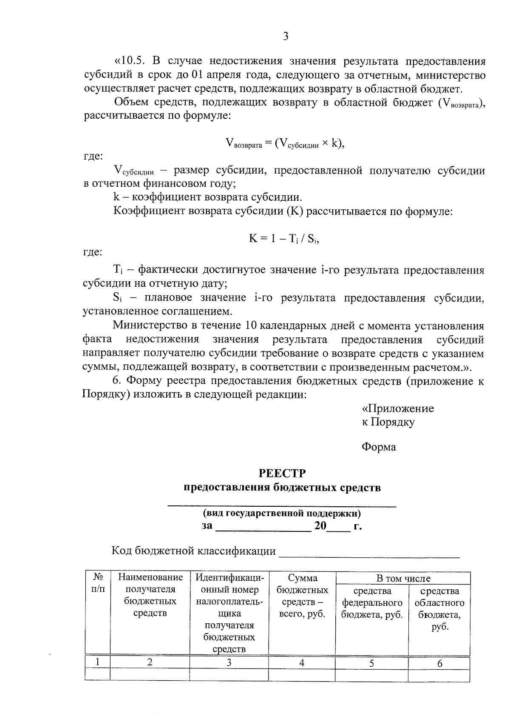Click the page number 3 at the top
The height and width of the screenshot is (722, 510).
pyautogui.click(x=286, y=37)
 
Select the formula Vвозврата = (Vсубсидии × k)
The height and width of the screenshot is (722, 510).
pyautogui.click(x=284, y=144)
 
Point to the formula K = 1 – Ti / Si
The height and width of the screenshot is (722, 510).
pyautogui.click(x=284, y=239)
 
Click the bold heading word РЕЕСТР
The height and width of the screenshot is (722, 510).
pyautogui.click(x=282, y=473)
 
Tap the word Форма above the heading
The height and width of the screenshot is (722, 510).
pyautogui.click(x=379, y=447)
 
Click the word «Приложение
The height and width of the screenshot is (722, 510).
pyautogui.click(x=398, y=409)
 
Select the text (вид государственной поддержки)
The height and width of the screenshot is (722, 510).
pyautogui.click(x=282, y=513)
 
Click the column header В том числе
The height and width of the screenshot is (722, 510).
pyautogui.click(x=403, y=579)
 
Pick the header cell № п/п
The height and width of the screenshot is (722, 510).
pyautogui.click(x=98, y=583)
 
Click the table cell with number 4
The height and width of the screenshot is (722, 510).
pyautogui.click(x=302, y=663)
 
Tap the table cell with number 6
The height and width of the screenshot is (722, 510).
pyautogui.click(x=439, y=663)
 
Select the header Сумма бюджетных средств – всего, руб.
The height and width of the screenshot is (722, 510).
pyautogui.click(x=302, y=596)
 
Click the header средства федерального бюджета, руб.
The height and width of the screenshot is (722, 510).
pyautogui.click(x=372, y=603)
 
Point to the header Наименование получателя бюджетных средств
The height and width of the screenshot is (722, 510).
pyautogui.click(x=150, y=595)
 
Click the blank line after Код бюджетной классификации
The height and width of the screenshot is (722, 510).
pyautogui.click(x=369, y=553)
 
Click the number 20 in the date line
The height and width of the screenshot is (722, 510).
pyautogui.click(x=320, y=526)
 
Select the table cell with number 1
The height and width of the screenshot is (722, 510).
pyautogui.click(x=98, y=662)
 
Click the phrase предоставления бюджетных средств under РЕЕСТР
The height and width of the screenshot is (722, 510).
pyautogui.click(x=282, y=488)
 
